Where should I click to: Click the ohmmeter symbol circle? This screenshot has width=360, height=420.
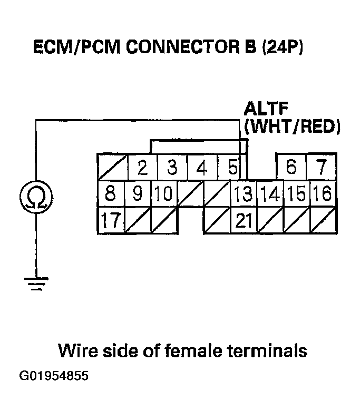point(35,197)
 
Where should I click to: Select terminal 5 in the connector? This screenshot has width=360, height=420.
point(232,168)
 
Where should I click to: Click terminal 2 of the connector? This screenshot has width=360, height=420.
point(142,168)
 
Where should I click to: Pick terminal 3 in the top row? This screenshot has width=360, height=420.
point(172,168)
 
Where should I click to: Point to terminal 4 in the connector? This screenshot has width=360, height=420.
point(201,168)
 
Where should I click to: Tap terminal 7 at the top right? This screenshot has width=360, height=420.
point(321,168)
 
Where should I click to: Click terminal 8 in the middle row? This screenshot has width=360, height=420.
point(110,194)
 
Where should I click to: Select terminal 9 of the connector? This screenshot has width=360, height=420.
point(137,194)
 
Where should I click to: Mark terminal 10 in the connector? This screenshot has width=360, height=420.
point(164,194)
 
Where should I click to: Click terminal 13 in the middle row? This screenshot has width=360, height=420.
point(244,194)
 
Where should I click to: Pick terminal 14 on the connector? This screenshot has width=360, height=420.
point(270,194)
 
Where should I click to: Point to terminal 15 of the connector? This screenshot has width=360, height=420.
point(297,194)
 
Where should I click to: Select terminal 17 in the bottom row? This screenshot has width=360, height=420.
point(110,221)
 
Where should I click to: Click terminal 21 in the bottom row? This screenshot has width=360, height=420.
point(244,221)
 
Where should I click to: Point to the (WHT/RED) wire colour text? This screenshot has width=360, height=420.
point(291,127)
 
